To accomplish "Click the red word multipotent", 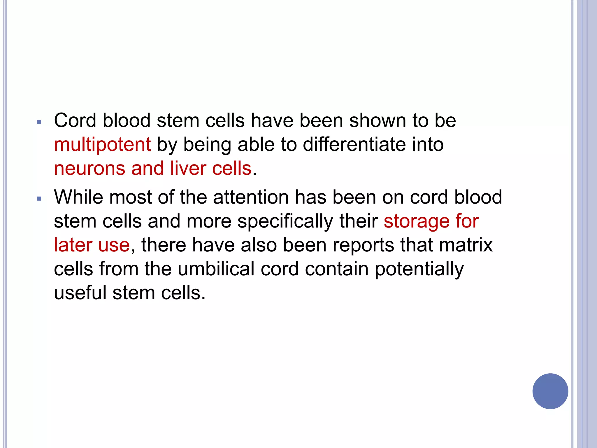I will [102, 145].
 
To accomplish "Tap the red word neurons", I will [89, 169].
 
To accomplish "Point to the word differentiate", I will [354, 145].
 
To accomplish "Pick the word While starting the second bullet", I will [78, 197].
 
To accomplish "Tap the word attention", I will [251, 197].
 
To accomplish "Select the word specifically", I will [285, 222].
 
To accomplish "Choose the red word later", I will [73, 245].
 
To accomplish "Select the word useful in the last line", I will [80, 293].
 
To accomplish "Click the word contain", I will [337, 269].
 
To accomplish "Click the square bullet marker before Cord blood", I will [39, 122].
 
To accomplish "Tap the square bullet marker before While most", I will [39, 199].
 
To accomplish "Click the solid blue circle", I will [550, 391].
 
